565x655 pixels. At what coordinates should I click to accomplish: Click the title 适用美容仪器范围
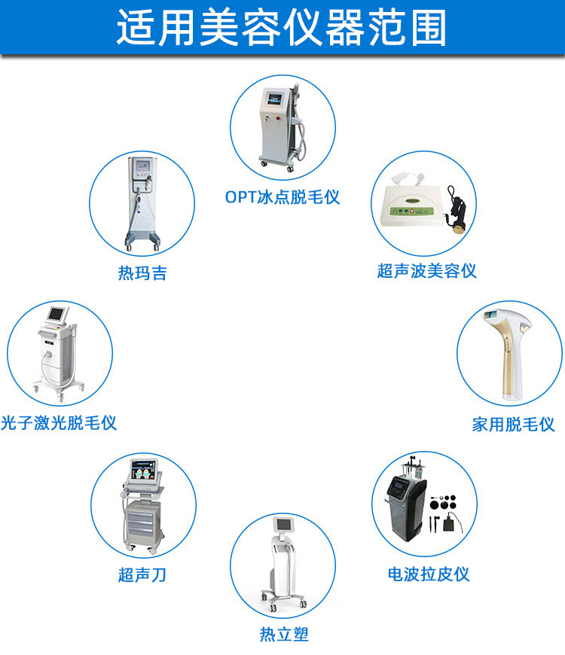[282, 28]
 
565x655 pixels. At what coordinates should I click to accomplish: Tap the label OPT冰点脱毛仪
[282, 197]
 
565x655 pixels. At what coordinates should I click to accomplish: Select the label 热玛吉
[142, 273]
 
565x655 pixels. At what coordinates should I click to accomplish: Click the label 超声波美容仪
[427, 271]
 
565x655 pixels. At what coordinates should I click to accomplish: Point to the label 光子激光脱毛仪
[59, 422]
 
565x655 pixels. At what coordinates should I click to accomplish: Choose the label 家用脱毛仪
[513, 425]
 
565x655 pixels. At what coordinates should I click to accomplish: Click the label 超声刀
[142, 575]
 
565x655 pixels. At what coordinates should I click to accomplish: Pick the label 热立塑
[284, 635]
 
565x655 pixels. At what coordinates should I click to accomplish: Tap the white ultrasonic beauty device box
[412, 203]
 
